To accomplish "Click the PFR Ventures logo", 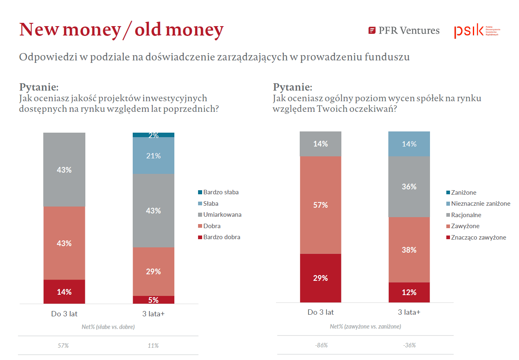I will click(404, 31).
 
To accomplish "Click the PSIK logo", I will click(477, 31).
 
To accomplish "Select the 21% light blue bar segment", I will click(154, 156).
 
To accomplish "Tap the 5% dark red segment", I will click(154, 300).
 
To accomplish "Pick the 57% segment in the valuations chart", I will click(321, 205).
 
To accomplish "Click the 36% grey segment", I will click(409, 187).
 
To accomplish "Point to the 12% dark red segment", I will click(409, 292).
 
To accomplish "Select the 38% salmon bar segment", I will click(409, 250).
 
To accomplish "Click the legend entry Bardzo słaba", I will click(221, 192).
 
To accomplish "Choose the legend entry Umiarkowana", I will click(222, 215).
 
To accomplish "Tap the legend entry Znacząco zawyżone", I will click(478, 238).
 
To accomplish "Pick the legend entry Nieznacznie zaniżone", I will click(480, 204).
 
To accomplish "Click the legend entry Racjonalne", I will click(466, 215).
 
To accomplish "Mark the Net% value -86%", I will click(321, 345).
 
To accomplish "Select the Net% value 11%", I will click(153, 346).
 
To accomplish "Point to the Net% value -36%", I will click(409, 345).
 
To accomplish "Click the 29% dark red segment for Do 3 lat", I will click(321, 278).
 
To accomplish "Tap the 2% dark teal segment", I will click(154, 135).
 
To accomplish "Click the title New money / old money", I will click(122, 30).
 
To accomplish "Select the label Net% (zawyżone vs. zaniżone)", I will click(365, 327).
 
